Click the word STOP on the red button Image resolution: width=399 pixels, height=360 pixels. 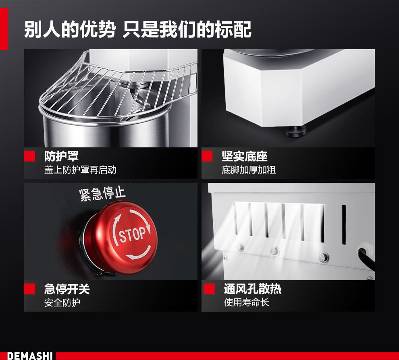tap(132, 234)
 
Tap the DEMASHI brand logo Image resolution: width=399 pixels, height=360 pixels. tap(30, 356)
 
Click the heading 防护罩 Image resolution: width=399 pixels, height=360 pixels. tap(61, 156)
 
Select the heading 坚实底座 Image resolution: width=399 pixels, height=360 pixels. tap(245, 156)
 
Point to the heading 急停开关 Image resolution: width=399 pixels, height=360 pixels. tap(67, 289)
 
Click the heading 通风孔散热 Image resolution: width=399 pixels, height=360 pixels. tap(253, 289)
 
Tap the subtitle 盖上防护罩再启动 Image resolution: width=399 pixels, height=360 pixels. tap(81, 170)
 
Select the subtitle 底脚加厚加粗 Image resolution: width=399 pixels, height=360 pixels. tap(249, 170)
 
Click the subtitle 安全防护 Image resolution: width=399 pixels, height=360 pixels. tap(62, 302)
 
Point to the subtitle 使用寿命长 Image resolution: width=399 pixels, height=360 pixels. tap(246, 302)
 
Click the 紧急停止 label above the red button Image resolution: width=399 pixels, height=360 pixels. tap(102, 194)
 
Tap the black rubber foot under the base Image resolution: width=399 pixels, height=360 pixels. tap(295, 131)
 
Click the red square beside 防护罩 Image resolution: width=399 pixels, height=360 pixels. tap(29, 156)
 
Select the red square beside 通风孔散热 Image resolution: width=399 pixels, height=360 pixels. tap(209, 289)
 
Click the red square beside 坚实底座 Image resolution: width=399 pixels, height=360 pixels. tap(207, 156)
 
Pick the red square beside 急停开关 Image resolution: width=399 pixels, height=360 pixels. tap(29, 289)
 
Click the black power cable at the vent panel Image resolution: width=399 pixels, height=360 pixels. tap(366, 259)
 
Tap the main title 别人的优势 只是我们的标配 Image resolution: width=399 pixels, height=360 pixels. tap(138, 30)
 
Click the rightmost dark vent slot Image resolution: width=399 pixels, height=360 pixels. tap(344, 224)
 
